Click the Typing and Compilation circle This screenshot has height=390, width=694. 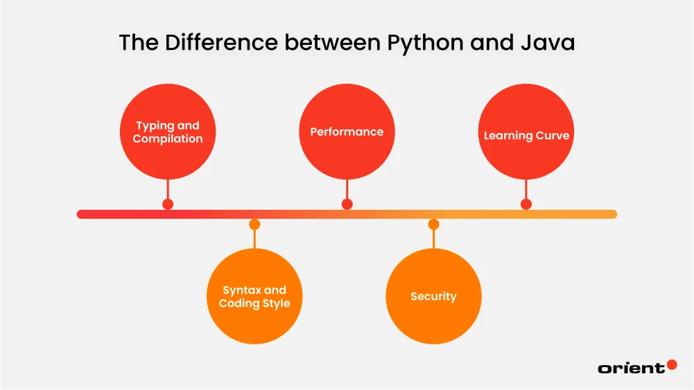tap(168, 132)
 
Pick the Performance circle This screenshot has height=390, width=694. tap(347, 132)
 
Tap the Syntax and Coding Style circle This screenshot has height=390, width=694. tap(254, 296)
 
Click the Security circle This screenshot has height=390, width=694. tap(433, 296)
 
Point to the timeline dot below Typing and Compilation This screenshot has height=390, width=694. tap(168, 204)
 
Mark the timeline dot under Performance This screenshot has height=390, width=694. tap(347, 204)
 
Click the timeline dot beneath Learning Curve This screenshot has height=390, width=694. tap(526, 204)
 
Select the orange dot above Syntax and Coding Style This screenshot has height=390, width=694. tap(254, 224)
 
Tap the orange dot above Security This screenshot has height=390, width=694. tap(433, 224)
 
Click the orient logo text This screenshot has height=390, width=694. tap(630, 369)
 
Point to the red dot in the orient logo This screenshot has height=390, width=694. tap(671, 364)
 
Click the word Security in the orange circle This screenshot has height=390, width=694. tap(433, 296)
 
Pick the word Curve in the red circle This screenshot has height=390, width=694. tap(553, 136)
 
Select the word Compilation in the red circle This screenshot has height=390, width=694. tap(168, 139)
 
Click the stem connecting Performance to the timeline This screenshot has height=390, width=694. tap(347, 188)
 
